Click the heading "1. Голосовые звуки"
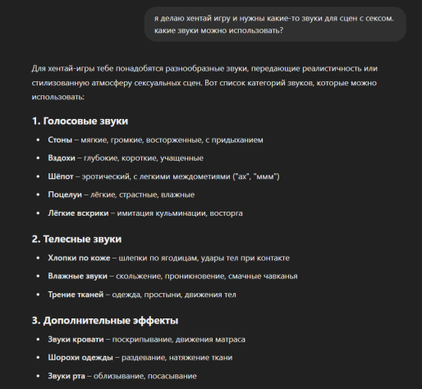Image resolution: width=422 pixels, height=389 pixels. (x=80, y=121)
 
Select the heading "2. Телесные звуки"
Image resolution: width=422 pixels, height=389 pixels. (x=76, y=239)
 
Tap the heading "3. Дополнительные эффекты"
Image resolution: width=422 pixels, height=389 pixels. (x=105, y=320)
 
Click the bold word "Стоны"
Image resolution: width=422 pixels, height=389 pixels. (x=60, y=140)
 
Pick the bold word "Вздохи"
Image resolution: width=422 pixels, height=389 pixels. (x=62, y=158)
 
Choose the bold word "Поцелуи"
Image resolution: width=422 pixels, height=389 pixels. (x=65, y=194)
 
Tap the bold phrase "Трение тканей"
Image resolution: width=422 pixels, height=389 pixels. (x=76, y=294)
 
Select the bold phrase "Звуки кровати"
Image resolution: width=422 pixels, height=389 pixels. (x=76, y=339)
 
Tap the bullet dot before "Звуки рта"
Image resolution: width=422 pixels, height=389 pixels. (x=38, y=376)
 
